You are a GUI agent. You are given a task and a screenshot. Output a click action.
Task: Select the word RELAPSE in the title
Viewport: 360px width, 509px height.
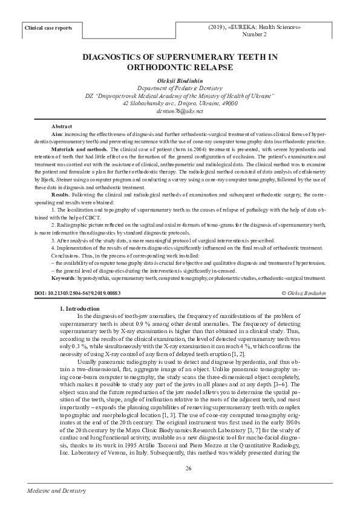point(208,68)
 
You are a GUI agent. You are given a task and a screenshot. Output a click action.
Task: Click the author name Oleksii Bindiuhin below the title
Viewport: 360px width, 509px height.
point(180,80)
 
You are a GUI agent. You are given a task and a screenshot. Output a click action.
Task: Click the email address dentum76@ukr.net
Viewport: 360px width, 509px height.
point(180,111)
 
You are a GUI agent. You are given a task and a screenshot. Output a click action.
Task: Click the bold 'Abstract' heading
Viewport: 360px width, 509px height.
point(61,125)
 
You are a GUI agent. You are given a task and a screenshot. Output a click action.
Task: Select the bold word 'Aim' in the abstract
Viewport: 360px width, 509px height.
point(56,132)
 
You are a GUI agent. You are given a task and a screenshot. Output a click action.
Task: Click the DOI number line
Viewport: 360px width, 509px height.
point(78,293)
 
